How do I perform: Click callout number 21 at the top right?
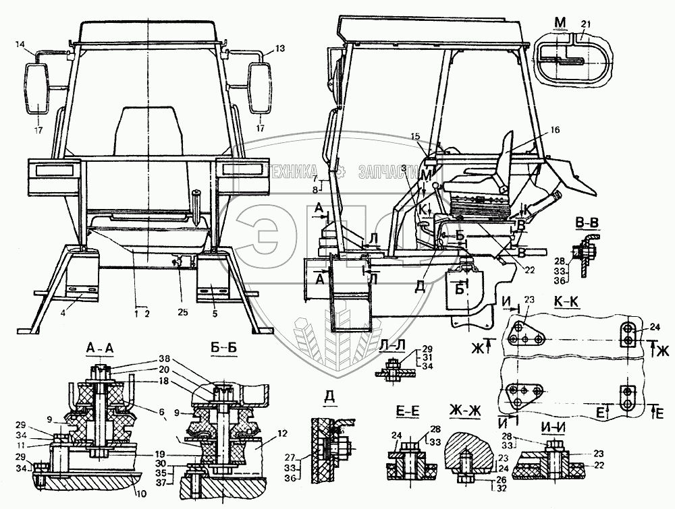click(585, 25)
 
